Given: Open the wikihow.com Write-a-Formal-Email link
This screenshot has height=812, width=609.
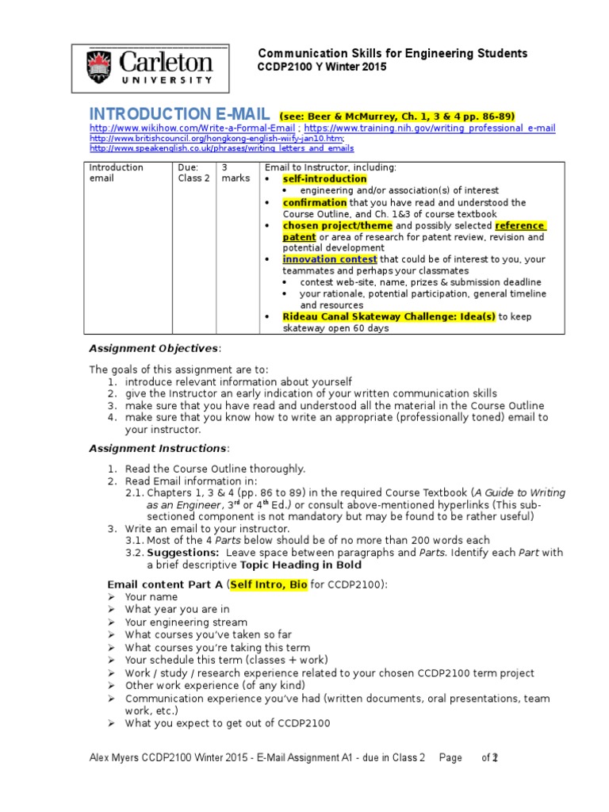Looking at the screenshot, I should click(x=191, y=128).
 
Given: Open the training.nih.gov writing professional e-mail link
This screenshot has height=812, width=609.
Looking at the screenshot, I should click(x=430, y=128).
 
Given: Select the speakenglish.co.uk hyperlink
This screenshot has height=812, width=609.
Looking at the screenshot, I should click(x=221, y=148).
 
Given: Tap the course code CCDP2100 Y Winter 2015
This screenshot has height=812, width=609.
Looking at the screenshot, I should click(x=323, y=67).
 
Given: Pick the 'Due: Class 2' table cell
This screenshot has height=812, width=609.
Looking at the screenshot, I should click(x=193, y=173).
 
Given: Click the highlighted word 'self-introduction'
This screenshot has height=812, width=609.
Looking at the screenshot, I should click(x=324, y=179).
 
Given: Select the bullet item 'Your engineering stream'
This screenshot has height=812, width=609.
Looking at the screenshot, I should click(x=186, y=622).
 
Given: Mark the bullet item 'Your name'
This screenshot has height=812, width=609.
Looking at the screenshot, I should click(x=151, y=597).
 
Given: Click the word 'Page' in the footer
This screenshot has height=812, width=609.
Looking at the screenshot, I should click(x=450, y=759).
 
